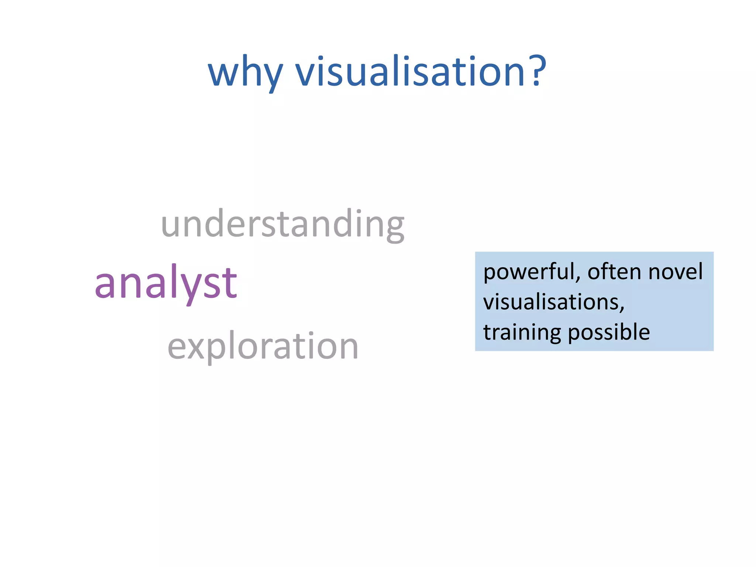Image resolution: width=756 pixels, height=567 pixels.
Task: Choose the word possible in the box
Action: (609, 333)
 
